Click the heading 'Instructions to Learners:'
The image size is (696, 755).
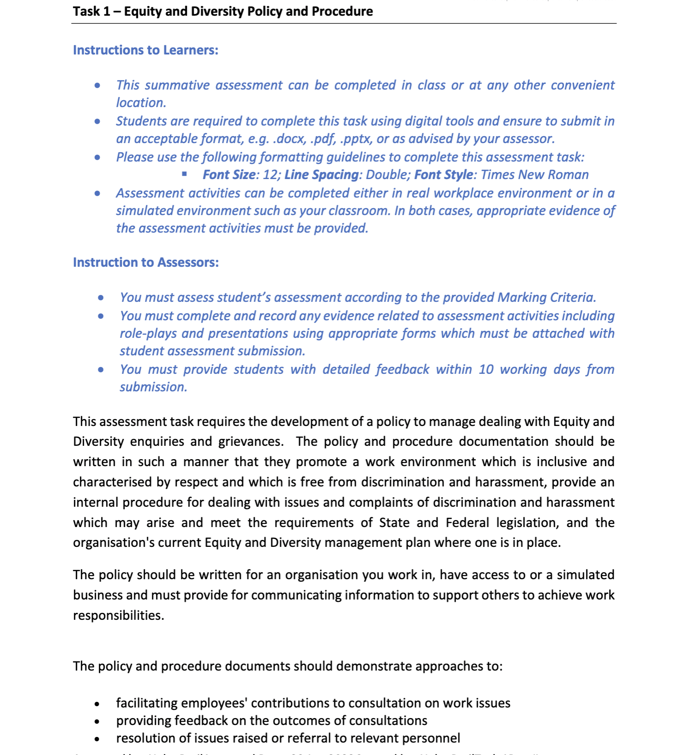point(145,50)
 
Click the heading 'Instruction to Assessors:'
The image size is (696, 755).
point(146,262)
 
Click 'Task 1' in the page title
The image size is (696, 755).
point(91,11)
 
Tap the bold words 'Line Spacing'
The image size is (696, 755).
point(321,175)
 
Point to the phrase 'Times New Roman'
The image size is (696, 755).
point(534,175)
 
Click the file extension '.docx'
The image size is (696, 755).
point(289,139)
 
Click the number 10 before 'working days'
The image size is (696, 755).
point(486,370)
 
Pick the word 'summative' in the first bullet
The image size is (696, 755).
point(177,85)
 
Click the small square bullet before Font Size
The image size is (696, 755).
point(184,174)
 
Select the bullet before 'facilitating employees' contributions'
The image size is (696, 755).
point(97,704)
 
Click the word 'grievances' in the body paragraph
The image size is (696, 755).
point(250,442)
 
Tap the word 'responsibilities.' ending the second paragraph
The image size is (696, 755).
point(119,616)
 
